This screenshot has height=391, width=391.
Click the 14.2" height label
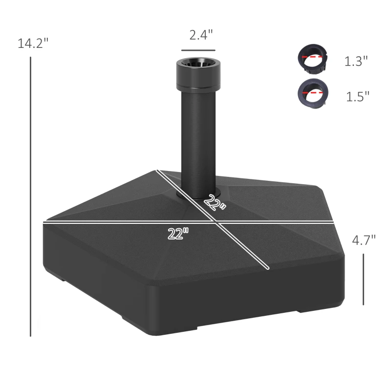(x=33, y=43)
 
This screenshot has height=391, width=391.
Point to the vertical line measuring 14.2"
(x=30, y=195)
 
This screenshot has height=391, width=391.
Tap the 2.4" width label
(x=201, y=35)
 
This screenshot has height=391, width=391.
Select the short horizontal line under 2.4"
(x=198, y=50)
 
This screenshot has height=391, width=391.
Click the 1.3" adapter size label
(x=356, y=62)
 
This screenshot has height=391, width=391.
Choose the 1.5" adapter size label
(x=358, y=96)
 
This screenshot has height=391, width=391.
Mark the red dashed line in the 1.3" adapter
(x=313, y=57)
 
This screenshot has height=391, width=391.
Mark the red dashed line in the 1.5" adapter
(x=313, y=91)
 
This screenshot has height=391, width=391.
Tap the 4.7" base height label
(x=364, y=239)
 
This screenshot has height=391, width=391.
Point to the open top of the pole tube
(x=198, y=64)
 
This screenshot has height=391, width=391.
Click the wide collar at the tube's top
(x=198, y=78)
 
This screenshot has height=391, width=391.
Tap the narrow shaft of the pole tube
(x=198, y=142)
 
